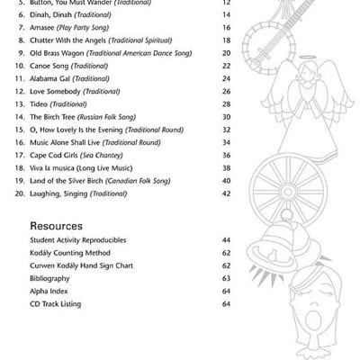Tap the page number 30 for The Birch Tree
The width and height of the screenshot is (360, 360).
(226, 117)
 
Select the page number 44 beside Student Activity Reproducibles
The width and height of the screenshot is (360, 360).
(226, 240)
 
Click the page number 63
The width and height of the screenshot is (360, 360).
(226, 279)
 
